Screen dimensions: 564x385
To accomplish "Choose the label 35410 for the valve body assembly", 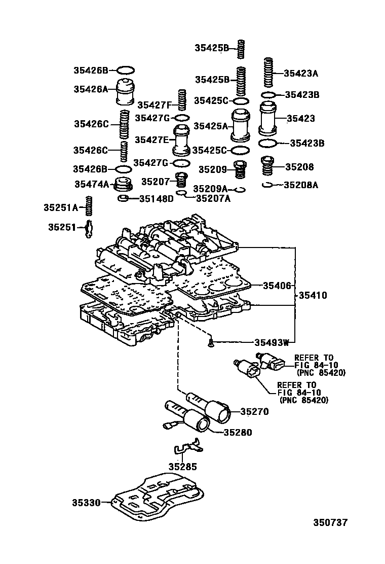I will click(x=313, y=295).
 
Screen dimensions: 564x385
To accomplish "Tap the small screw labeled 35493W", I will click(x=210, y=344).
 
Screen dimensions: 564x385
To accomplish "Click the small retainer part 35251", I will click(x=89, y=228).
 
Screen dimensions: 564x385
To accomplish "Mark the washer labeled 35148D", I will click(x=122, y=198).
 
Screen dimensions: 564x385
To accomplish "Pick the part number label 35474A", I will click(x=91, y=185).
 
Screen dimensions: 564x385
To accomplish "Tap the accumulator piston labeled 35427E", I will click(x=180, y=140).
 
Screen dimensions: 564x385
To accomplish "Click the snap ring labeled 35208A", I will click(x=268, y=185).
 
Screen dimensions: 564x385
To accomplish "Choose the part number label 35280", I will click(x=238, y=433).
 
